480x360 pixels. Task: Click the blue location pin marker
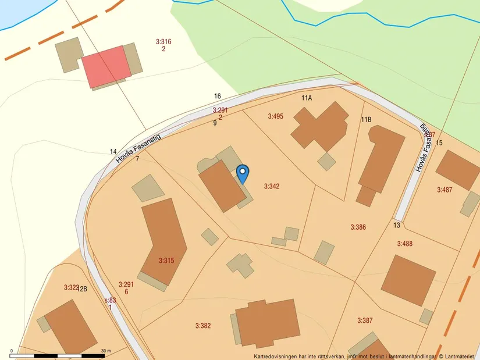(243, 173)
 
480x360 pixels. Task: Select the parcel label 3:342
(272, 187)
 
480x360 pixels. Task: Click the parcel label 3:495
(275, 116)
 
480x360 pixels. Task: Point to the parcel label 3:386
(358, 227)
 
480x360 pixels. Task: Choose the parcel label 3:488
(404, 244)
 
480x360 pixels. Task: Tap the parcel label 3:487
(445, 190)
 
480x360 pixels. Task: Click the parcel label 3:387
(365, 320)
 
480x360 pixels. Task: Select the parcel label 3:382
(202, 326)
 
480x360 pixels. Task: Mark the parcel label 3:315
(166, 261)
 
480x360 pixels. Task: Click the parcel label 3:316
(163, 41)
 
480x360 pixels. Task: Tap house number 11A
(307, 98)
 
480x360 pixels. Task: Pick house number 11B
(366, 119)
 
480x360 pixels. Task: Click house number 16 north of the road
(218, 96)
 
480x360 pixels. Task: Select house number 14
(113, 152)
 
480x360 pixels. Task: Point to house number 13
(397, 225)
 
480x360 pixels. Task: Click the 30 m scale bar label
(105, 351)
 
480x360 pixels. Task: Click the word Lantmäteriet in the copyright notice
(460, 356)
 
